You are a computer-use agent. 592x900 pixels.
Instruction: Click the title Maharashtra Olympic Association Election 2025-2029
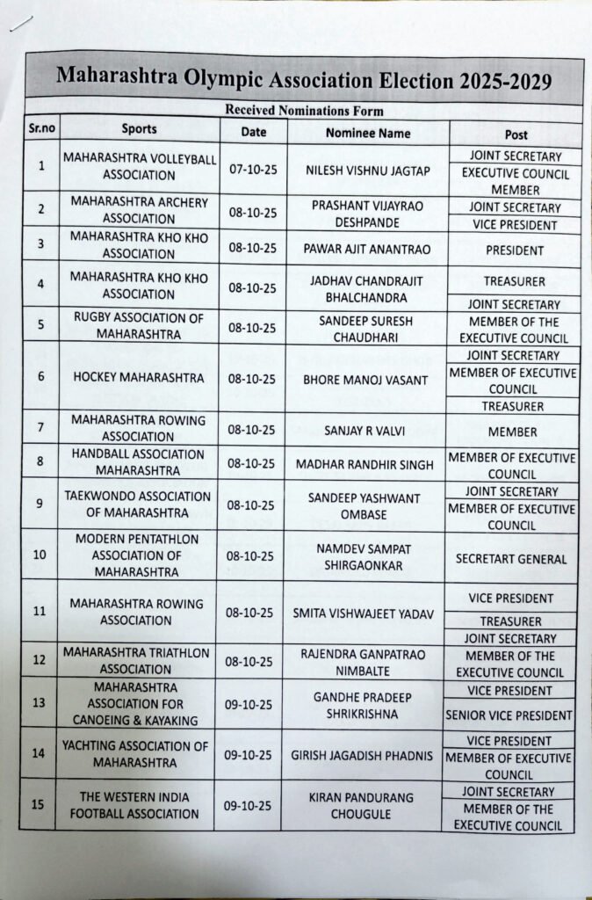point(304,80)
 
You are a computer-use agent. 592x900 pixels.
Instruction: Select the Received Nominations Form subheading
point(304,111)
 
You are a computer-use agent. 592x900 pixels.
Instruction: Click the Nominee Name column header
point(368,133)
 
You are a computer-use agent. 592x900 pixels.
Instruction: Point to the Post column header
point(516,134)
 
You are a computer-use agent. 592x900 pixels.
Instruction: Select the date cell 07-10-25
point(253,168)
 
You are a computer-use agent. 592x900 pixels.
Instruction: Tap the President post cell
point(515,250)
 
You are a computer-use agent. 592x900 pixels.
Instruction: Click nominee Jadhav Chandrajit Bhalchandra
point(367,288)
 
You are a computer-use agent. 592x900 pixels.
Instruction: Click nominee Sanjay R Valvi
point(367,431)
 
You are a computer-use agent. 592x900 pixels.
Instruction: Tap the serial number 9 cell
point(40,504)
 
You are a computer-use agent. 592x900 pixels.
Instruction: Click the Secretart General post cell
point(513,558)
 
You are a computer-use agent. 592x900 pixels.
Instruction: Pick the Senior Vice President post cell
point(509,715)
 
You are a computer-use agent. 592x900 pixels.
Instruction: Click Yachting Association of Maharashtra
point(135,754)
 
